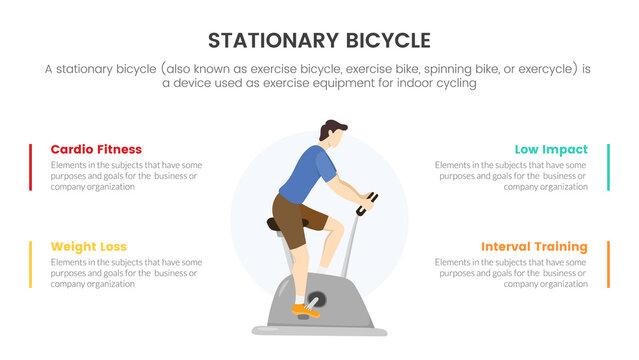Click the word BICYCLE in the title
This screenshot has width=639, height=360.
(x=384, y=41)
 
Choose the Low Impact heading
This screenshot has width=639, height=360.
(x=551, y=149)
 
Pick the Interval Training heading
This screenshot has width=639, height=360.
(x=534, y=246)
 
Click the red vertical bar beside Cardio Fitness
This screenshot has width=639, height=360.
(x=31, y=167)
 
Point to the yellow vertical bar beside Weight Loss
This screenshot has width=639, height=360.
(x=31, y=264)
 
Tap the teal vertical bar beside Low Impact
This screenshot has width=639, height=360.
(x=608, y=167)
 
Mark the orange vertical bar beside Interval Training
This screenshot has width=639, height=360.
(x=608, y=264)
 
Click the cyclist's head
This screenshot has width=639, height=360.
(x=332, y=132)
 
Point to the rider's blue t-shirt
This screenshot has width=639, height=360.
(x=305, y=172)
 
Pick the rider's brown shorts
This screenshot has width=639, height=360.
(x=296, y=218)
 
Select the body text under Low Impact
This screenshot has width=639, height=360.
(x=511, y=175)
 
